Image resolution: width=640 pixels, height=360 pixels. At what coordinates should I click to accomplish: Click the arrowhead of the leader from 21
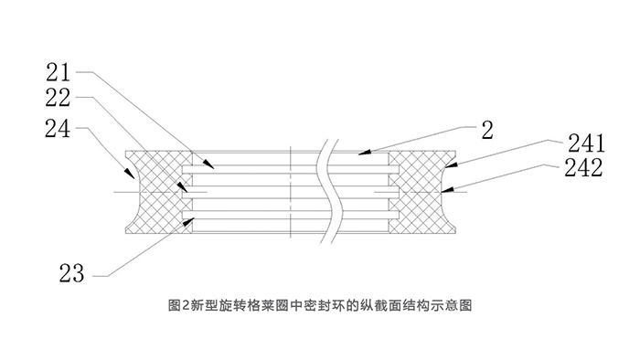click(x=212, y=166)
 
